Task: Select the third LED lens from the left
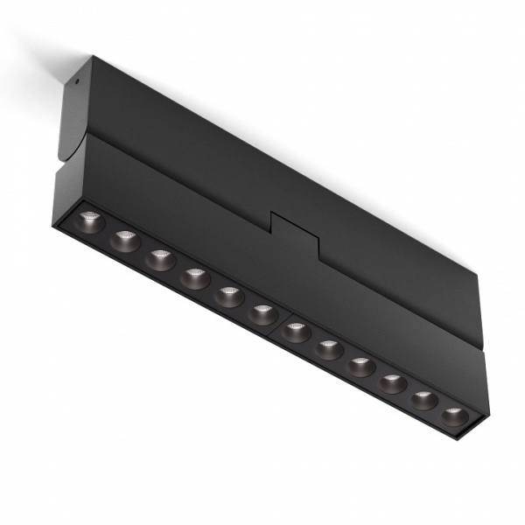click(160, 259)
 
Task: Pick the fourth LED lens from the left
click(194, 278)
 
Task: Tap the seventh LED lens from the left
click(296, 332)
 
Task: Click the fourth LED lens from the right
click(360, 366)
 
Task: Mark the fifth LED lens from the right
click(328, 349)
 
